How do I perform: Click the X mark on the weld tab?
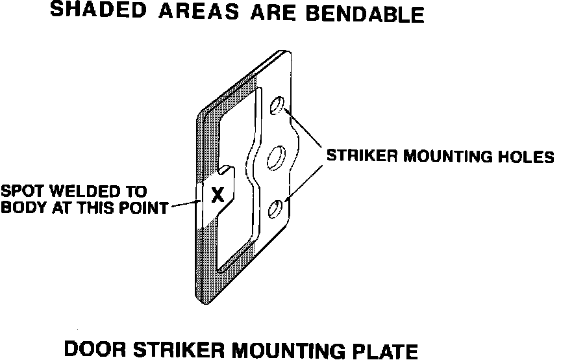219,194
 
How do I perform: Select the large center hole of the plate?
276,157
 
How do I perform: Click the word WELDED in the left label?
73,192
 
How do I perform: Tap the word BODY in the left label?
20,208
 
